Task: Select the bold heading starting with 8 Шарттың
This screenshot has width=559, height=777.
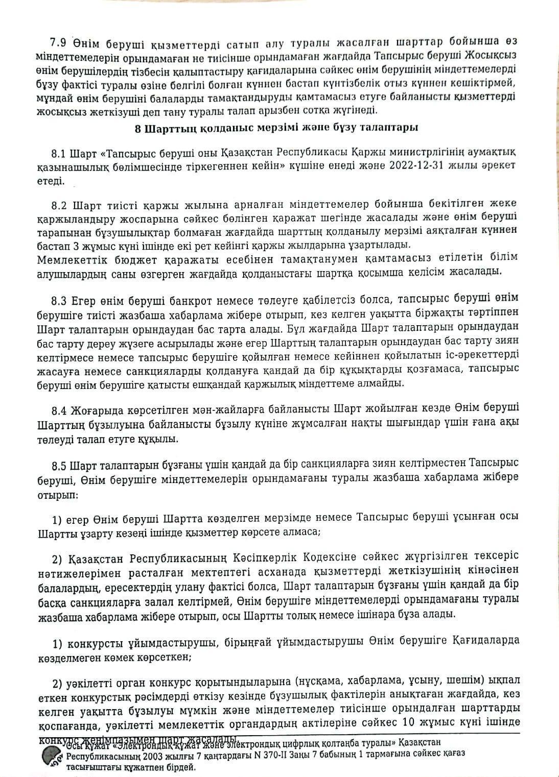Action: click(276, 128)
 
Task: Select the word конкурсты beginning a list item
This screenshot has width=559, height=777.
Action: click(95, 642)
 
